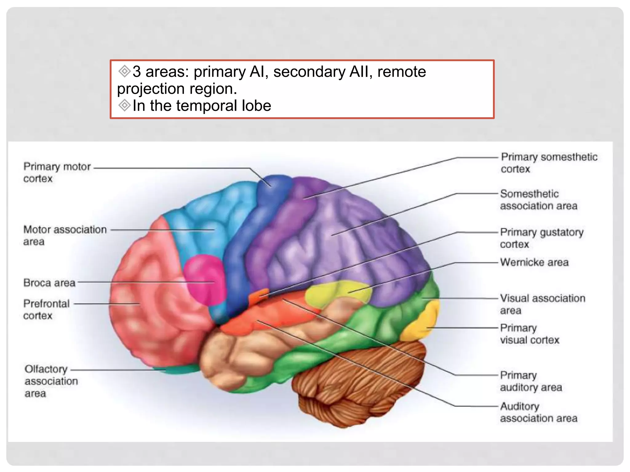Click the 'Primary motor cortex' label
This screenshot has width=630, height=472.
[x=57, y=172]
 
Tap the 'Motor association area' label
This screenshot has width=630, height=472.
[x=65, y=235]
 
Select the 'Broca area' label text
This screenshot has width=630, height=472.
[x=49, y=283]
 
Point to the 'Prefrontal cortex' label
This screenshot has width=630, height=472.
[x=46, y=310]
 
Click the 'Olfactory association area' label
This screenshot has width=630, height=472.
[x=51, y=381]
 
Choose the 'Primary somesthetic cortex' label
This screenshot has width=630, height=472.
[x=549, y=163]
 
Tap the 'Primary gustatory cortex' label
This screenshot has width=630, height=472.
[x=541, y=238]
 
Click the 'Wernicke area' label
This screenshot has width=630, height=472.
[x=534, y=262]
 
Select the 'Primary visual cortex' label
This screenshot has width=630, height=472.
[x=529, y=334]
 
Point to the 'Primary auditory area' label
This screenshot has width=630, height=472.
[x=531, y=381]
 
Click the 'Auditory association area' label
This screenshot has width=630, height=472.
[x=538, y=412]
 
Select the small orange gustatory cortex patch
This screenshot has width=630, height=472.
[x=259, y=296]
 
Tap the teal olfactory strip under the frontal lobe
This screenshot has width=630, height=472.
[x=175, y=369]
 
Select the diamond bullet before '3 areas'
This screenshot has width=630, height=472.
[x=125, y=71]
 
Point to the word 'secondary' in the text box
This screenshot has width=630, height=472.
[x=309, y=72]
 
